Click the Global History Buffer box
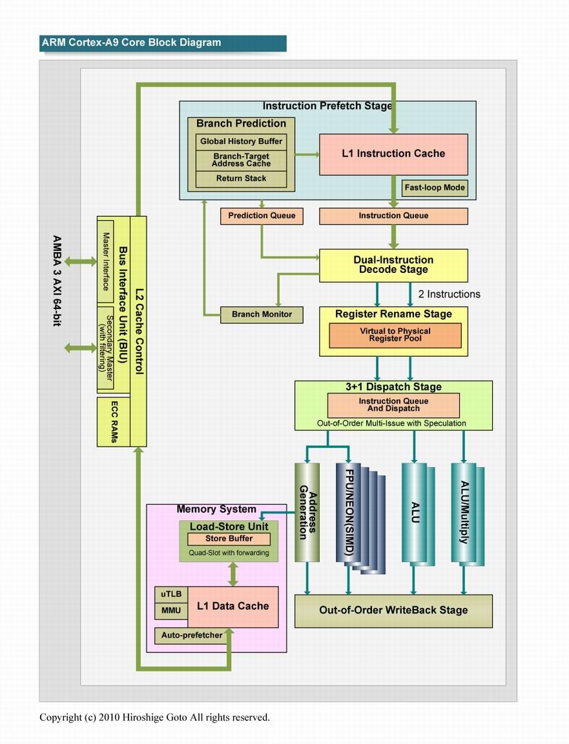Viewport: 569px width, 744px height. pyautogui.click(x=242, y=141)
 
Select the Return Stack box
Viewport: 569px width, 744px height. pyautogui.click(x=242, y=178)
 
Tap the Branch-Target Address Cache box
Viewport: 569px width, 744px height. pyautogui.click(x=242, y=160)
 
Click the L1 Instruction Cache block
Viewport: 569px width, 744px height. pyautogui.click(x=393, y=154)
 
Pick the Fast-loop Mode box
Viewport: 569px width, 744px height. pyautogui.click(x=435, y=187)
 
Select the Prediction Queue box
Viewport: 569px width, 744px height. pyautogui.click(x=262, y=216)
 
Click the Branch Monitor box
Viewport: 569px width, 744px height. pyautogui.click(x=262, y=315)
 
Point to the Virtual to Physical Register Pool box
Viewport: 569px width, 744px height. pyautogui.click(x=395, y=335)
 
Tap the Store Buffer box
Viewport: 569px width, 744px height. pyautogui.click(x=229, y=539)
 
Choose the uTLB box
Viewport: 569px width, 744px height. pyautogui.click(x=171, y=594)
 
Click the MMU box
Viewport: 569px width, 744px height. pyautogui.click(x=171, y=610)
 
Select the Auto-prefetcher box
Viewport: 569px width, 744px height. pyautogui.click(x=192, y=636)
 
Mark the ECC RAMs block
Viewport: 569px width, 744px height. pyautogui.click(x=114, y=422)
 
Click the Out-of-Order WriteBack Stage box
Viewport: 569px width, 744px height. pyautogui.click(x=393, y=610)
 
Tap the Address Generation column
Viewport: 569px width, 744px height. pyautogui.click(x=307, y=512)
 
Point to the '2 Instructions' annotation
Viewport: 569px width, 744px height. pyautogui.click(x=449, y=294)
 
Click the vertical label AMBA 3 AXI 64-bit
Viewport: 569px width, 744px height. pyautogui.click(x=57, y=281)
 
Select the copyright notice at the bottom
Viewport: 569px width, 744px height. pyautogui.click(x=154, y=717)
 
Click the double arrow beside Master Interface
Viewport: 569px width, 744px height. pyautogui.click(x=80, y=261)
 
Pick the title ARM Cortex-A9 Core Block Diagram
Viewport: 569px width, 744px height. pyautogui.click(x=131, y=42)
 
